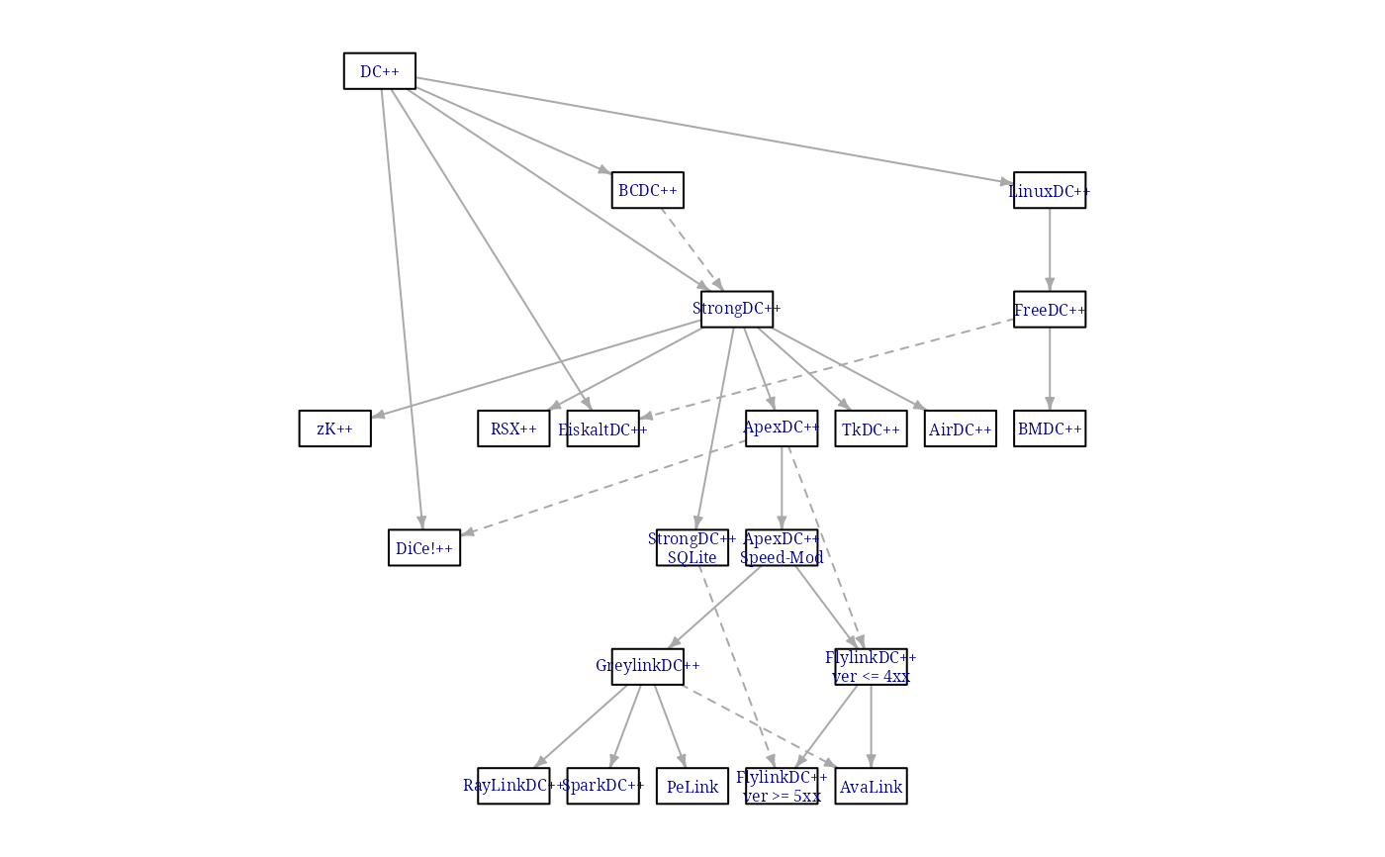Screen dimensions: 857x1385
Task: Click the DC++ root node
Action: pyautogui.click(x=380, y=71)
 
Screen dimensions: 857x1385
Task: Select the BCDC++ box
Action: pyautogui.click(x=647, y=190)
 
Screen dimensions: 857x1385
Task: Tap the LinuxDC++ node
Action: pyautogui.click(x=1050, y=190)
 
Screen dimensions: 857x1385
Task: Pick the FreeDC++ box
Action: pyautogui.click(x=1050, y=310)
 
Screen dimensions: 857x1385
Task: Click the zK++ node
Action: pyautogui.click(x=335, y=428)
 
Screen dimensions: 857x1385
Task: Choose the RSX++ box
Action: pyautogui.click(x=513, y=428)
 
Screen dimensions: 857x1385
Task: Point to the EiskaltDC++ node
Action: pyautogui.click(x=602, y=428)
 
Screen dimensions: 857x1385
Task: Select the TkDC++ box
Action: pyautogui.click(x=871, y=428)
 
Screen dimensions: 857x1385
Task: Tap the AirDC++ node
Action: pyautogui.click(x=961, y=428)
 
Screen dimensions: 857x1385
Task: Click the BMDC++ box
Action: pyautogui.click(x=1050, y=428)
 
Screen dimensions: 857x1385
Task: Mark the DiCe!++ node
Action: pyautogui.click(x=424, y=547)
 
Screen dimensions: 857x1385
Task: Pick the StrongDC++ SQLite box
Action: pyautogui.click(x=692, y=547)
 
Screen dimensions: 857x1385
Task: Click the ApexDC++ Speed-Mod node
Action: pyautogui.click(x=782, y=547)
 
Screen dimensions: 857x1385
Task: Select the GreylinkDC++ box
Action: pyautogui.click(x=647, y=666)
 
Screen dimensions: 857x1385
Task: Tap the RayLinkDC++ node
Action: pyautogui.click(x=513, y=786)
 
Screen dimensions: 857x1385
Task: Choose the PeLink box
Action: pyautogui.click(x=692, y=786)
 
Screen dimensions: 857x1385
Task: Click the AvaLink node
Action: pyautogui.click(x=871, y=786)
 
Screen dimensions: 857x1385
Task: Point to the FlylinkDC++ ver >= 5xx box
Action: pyautogui.click(x=782, y=786)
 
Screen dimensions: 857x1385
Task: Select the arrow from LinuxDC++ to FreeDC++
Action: pyautogui.click(x=1050, y=249)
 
